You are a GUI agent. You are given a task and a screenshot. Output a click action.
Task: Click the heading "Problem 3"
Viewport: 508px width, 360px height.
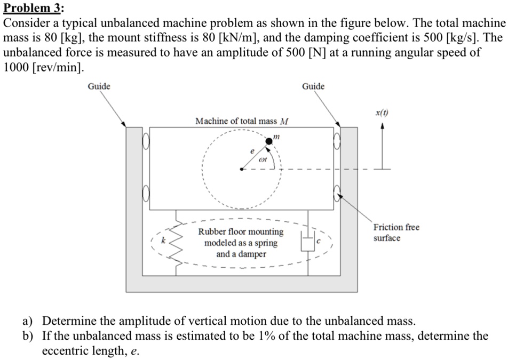click(x=33, y=9)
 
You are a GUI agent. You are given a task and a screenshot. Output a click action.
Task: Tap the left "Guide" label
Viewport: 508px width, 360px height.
click(x=99, y=86)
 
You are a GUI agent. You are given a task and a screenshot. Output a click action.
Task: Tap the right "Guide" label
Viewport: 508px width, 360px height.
click(x=313, y=86)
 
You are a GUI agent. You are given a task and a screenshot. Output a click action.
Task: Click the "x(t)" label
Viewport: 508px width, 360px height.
click(x=382, y=113)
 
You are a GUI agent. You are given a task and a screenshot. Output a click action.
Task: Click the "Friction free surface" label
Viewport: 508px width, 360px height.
click(x=396, y=233)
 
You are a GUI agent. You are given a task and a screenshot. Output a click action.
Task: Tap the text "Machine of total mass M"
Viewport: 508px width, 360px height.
click(x=242, y=121)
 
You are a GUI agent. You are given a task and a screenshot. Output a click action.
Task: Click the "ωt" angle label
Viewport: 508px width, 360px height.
click(x=263, y=159)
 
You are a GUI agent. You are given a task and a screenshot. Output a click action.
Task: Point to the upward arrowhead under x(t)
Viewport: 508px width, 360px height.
click(x=382, y=126)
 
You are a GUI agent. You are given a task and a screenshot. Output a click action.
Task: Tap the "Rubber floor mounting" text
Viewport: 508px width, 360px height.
click(x=241, y=232)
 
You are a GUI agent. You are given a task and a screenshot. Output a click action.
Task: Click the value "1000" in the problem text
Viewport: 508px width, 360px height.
click(x=17, y=69)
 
